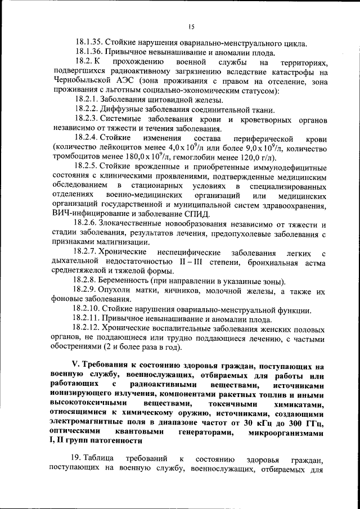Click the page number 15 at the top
click(x=191, y=26)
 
